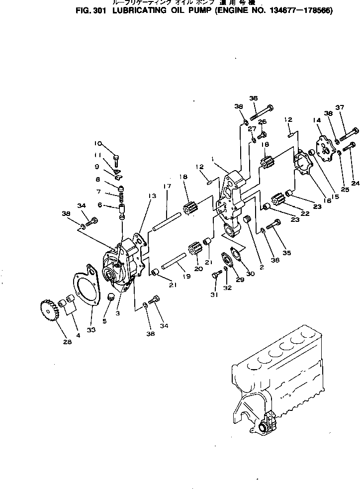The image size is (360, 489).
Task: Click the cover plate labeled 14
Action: pyautogui.click(x=326, y=148)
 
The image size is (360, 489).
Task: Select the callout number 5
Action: pyautogui.click(x=104, y=321)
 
